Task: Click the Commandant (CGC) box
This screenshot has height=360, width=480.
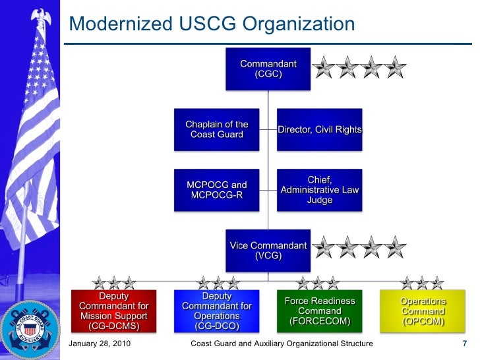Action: [x=268, y=69]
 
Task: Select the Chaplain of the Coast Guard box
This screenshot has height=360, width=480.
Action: [x=217, y=129]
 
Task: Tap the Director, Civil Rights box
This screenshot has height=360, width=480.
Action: [x=320, y=129]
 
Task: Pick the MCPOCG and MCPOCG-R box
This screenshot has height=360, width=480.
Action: [x=217, y=190]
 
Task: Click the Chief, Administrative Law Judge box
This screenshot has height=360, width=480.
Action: [x=320, y=190]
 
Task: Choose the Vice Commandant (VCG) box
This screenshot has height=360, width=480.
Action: [x=268, y=251]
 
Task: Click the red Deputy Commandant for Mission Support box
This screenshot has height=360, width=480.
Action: [x=114, y=311]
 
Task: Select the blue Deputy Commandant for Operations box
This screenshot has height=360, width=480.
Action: [x=217, y=311]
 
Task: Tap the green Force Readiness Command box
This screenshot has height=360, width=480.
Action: [x=320, y=311]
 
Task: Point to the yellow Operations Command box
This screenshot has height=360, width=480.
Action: [x=423, y=311]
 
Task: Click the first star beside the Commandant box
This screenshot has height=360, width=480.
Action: [x=324, y=67]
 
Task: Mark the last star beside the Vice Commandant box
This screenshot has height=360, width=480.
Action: [x=395, y=248]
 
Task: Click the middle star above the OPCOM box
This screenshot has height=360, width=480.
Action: [x=423, y=283]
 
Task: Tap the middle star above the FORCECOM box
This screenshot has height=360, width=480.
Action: [x=318, y=283]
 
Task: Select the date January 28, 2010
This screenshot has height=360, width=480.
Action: [x=98, y=344]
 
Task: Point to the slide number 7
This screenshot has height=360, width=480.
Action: [x=465, y=344]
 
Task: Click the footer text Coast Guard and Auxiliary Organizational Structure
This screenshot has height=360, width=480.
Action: [x=281, y=344]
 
